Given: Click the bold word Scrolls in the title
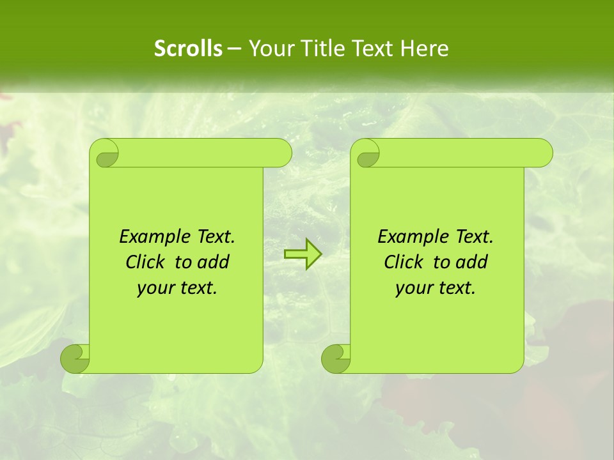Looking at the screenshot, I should [188, 49].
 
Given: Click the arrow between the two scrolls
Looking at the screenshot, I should [303, 254].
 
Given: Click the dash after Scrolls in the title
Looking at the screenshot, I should [233, 49].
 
